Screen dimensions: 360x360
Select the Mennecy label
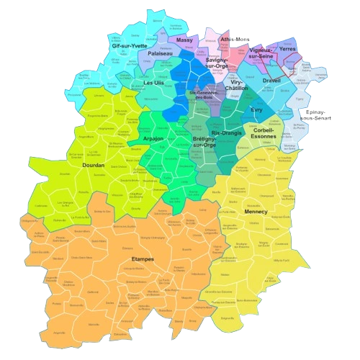coord(256,212)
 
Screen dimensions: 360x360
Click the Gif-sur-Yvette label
coord(129,45)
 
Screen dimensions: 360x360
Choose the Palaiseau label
coord(160,54)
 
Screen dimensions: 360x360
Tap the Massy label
coord(185,41)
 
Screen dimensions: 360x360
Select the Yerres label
coord(287,48)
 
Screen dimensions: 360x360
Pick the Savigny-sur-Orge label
coord(217,63)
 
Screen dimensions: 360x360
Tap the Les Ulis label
coord(154,83)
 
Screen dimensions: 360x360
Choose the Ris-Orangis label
coord(228,134)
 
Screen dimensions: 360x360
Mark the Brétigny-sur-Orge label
coord(204,143)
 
